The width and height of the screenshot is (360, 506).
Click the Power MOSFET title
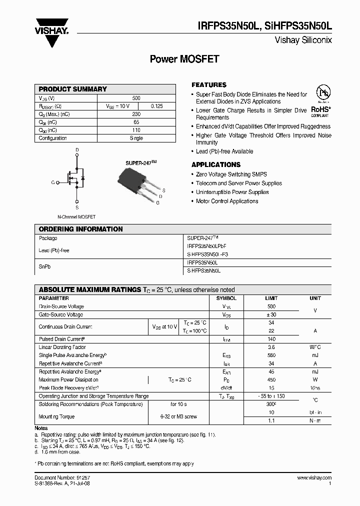pos(184,59)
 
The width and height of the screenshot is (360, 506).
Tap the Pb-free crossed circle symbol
pos(322,95)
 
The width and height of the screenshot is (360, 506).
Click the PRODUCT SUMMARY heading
pos(73,89)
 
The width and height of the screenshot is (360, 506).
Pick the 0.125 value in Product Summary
pos(156,106)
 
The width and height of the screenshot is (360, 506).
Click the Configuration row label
pos(52,138)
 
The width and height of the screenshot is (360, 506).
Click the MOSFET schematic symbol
pos(75,178)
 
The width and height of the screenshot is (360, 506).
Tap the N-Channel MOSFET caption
pos(76,217)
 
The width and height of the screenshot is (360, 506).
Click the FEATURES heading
pos(209,85)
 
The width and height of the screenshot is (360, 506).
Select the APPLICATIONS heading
pos(216,164)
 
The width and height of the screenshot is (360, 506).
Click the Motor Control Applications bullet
pos(227,201)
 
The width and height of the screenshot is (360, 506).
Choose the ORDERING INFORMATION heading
pos(80,229)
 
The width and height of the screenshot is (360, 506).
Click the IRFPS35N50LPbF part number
pos(206,246)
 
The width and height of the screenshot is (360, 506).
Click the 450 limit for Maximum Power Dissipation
pos(271,379)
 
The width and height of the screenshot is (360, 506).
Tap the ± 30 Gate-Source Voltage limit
pos(271,314)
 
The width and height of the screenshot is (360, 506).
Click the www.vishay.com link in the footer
pos(314,478)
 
